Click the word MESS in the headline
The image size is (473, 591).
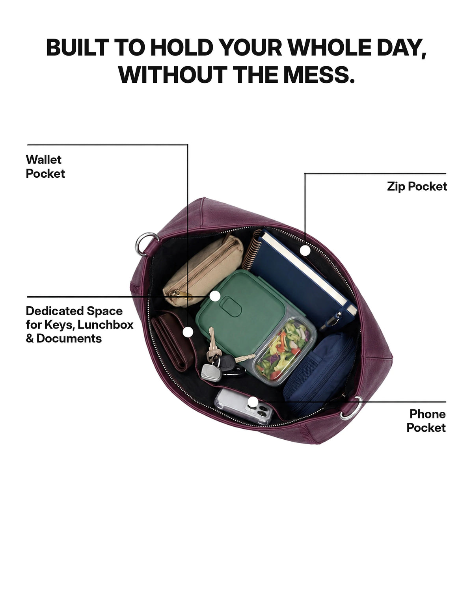319,75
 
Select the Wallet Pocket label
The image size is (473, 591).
45,166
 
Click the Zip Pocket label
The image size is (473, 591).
417,186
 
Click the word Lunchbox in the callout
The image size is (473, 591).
106,325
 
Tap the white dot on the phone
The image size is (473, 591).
253,402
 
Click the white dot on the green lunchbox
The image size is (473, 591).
215,296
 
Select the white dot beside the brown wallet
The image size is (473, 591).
188,332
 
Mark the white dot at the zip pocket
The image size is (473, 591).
305,251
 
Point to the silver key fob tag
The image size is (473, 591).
211,372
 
